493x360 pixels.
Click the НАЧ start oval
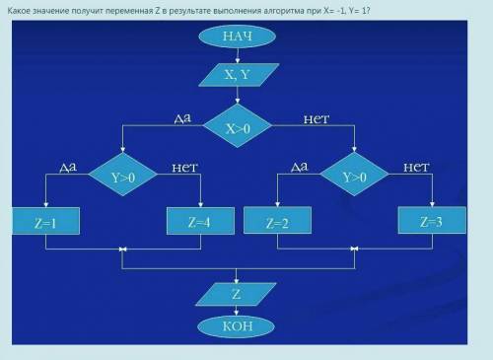tap(237, 36)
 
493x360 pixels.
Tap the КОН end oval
tap(237, 326)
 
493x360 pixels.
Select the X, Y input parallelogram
tap(239, 75)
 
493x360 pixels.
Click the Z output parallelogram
tap(236, 294)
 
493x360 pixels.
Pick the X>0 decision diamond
tap(238, 125)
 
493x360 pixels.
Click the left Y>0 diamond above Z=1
tap(123, 175)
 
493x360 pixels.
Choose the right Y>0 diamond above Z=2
tap(354, 175)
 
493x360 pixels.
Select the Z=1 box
tap(45, 221)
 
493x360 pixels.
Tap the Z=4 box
tap(200, 221)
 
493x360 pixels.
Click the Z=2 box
tap(277, 220)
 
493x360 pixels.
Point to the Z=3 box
tap(432, 220)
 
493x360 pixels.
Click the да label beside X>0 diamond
tap(182, 118)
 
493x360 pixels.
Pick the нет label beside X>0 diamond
tap(317, 119)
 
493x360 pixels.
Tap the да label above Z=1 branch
tap(68, 167)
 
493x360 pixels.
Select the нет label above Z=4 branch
tap(185, 168)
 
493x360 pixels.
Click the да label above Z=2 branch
tap(300, 167)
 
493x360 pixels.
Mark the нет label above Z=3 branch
tap(416, 168)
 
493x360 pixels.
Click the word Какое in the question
tap(20, 11)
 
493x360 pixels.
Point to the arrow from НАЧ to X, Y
tap(238, 55)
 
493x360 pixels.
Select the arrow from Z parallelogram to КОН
tap(236, 311)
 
